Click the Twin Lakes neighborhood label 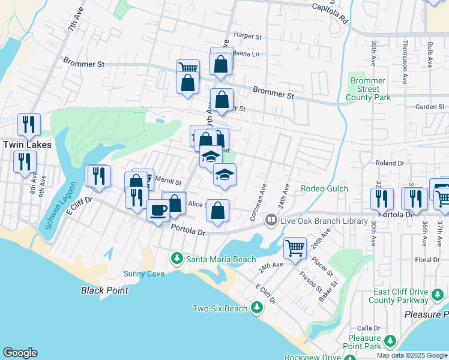pos(27,145)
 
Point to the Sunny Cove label pos(143,274)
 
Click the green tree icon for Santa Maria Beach pos(176,259)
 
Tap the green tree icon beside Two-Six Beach pos(256,308)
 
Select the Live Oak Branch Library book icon pos(271,221)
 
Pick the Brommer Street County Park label pos(368,89)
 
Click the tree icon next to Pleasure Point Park pos(390,342)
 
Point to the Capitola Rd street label pos(330,13)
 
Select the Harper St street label pos(249,36)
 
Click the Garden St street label pos(429,107)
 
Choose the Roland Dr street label pos(390,163)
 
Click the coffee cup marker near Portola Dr pos(158,210)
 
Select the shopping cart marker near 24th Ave pos(295,247)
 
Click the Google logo pos(20,353)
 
